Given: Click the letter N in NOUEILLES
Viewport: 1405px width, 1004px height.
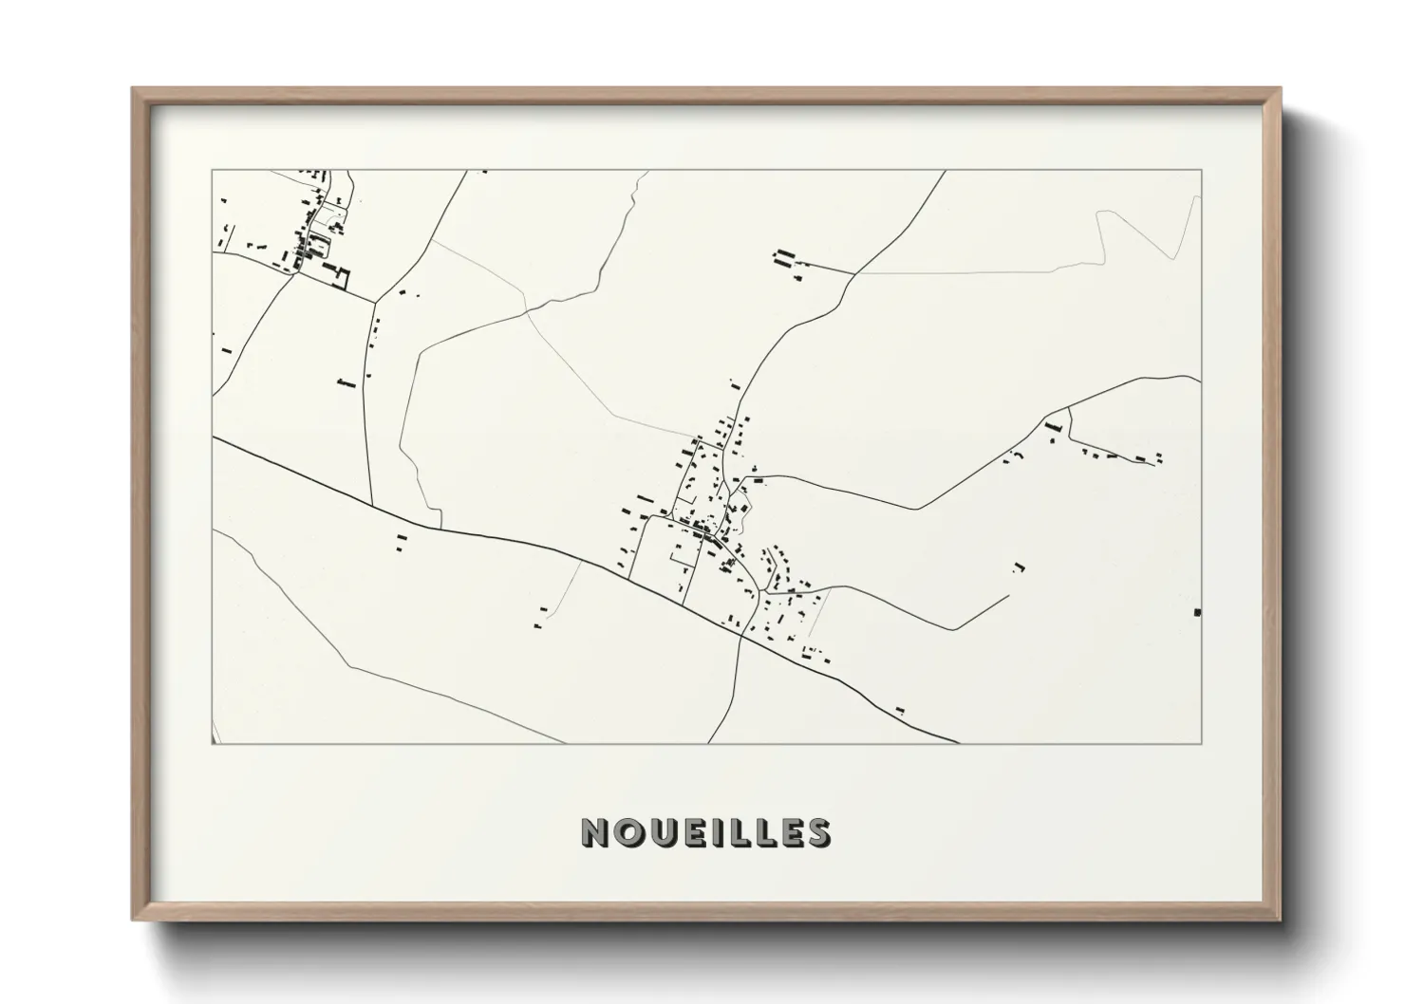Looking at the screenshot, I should (x=596, y=832).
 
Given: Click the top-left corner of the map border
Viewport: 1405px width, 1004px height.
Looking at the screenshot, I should (x=212, y=171).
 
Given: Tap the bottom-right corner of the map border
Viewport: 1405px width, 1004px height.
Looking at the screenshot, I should (x=1202, y=744).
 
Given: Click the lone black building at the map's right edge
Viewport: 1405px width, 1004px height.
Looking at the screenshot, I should (x=1197, y=611).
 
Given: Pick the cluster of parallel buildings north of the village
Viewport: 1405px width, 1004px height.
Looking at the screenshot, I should (x=784, y=258).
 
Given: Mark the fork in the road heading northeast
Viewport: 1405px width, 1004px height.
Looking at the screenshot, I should (x=853, y=273).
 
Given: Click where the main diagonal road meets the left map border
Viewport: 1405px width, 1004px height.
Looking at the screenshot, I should (x=213, y=437).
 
